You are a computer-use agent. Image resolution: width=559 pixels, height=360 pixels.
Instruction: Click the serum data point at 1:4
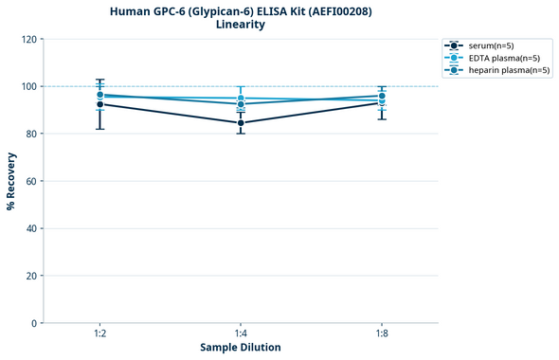241,123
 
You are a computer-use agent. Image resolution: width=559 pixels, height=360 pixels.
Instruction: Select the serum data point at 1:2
100,104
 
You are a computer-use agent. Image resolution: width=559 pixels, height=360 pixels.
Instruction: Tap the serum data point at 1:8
381,102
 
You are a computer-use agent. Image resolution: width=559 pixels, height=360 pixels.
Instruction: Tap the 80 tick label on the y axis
30,134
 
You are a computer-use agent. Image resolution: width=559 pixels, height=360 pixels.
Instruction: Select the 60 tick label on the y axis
30,181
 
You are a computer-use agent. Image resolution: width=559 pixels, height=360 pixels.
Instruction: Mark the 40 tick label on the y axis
30,228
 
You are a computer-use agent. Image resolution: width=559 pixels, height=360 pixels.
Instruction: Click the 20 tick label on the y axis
30,276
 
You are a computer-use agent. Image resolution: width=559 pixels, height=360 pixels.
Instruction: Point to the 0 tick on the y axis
33,323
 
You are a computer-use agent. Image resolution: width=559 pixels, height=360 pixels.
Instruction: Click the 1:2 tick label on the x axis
100,334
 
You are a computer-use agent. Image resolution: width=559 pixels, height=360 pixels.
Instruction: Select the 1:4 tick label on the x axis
241,334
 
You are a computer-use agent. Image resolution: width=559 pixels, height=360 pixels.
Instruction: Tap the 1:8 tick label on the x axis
381,334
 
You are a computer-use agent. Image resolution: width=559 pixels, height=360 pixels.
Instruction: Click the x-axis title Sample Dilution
241,348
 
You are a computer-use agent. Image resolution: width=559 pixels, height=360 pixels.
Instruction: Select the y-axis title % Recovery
11,181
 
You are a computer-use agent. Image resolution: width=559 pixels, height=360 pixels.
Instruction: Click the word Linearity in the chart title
241,25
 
